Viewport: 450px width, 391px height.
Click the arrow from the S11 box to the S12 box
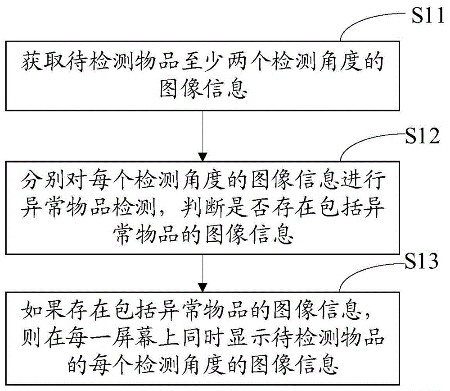pyautogui.click(x=203, y=135)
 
